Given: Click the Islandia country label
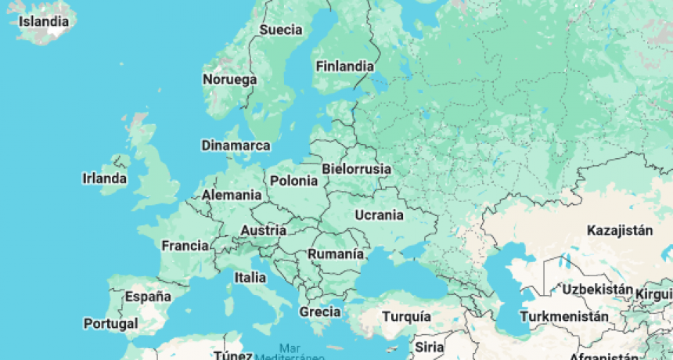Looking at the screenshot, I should coord(44,21).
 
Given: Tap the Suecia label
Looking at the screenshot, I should coord(280,30).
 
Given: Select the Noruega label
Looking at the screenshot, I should coord(229,80).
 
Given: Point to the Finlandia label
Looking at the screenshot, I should coord(344,66).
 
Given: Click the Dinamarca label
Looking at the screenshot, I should coord(236,146).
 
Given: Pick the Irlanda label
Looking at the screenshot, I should coord(104,178).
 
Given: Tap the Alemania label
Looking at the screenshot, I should coord(232,195).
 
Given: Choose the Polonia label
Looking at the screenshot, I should coord(293,181).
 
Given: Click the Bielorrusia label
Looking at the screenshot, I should coord(356,169).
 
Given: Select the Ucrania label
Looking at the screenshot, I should coord(379,214).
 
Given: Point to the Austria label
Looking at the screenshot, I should coord(263,230).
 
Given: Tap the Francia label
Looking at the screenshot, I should coord(185,246).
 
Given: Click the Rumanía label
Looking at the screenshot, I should coord(335,254).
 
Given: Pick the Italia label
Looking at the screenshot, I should coord(250,277).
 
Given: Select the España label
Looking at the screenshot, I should coord(148,297).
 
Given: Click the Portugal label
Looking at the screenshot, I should coord(111,323).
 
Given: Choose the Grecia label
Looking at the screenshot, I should coord(319,311).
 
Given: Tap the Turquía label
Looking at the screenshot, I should coord(406,316).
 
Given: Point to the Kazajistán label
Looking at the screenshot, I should coord(620,230).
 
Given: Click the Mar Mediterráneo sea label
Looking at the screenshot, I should coord(291,352).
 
